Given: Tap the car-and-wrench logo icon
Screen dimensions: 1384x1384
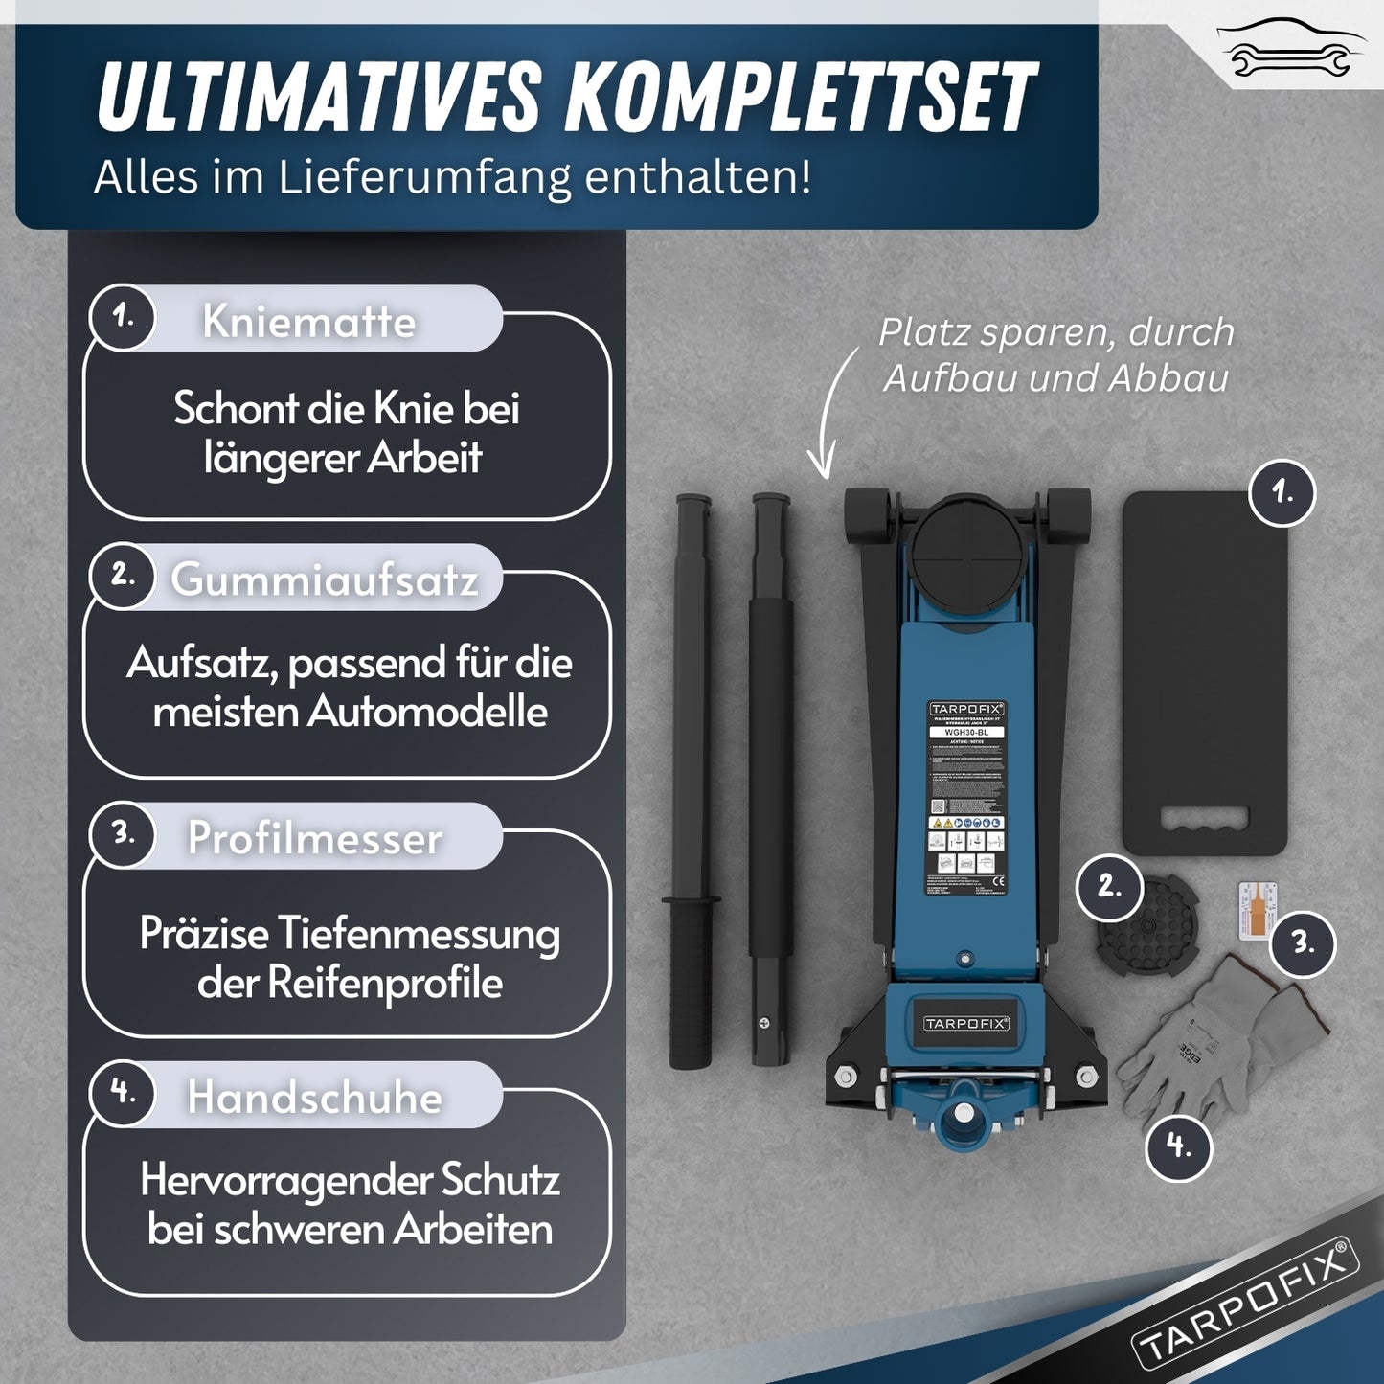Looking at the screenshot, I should click(x=1290, y=48).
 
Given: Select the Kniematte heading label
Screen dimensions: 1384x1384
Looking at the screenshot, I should click(x=309, y=321).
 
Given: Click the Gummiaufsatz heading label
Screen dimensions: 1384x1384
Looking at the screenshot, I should click(x=325, y=579).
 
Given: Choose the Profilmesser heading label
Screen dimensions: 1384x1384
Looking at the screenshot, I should click(x=315, y=838).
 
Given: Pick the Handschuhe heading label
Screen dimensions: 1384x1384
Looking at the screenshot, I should click(x=315, y=1097).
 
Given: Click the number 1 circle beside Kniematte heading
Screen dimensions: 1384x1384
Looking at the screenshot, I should click(x=123, y=316).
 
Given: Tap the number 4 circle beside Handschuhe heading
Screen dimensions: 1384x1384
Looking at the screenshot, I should click(x=123, y=1092).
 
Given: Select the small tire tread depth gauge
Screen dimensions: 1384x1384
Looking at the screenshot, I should click(x=1255, y=916).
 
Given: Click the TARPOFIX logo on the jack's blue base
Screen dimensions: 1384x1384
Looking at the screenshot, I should click(x=965, y=1024).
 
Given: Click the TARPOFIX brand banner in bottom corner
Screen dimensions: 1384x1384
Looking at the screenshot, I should click(x=1245, y=1303).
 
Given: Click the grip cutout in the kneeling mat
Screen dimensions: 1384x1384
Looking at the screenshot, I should click(x=1204, y=820).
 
